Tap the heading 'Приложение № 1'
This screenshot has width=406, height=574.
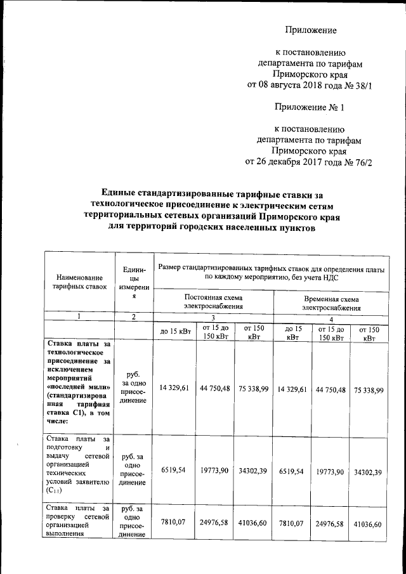coord(308,107)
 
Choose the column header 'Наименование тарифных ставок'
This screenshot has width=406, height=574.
coord(79,282)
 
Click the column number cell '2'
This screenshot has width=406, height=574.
coord(133,316)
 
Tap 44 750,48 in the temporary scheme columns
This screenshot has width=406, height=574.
coord(330,389)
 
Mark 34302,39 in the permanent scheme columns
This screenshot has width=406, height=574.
coord(253,472)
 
